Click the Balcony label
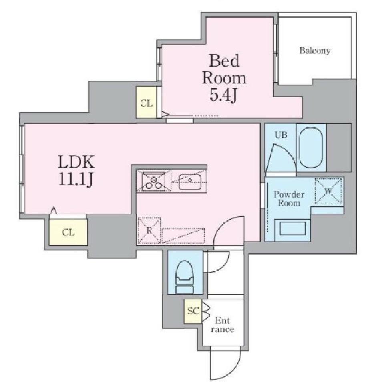(x=315, y=51)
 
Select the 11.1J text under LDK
(x=76, y=180)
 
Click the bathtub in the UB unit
(x=311, y=148)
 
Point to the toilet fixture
(x=185, y=277)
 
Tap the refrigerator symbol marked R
(x=149, y=230)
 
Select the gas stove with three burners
(x=153, y=181)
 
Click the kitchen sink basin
(x=190, y=182)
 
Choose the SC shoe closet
(x=193, y=311)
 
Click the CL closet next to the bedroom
(x=146, y=102)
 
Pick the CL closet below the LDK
(x=68, y=232)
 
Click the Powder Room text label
(x=289, y=198)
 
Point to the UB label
(x=281, y=135)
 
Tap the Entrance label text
(x=223, y=325)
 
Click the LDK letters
(x=76, y=162)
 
